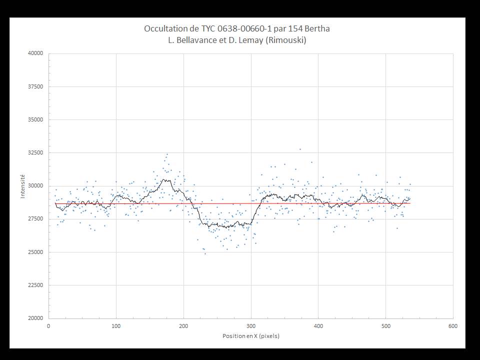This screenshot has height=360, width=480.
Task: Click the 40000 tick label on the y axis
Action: [36, 53]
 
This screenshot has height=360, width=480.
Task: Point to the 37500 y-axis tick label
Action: [36, 86]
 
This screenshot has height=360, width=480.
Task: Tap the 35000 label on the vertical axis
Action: [36, 120]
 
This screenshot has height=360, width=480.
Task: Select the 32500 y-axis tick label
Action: [36, 153]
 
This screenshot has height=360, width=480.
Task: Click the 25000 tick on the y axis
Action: [36, 252]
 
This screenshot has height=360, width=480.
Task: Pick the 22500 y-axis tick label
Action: [36, 285]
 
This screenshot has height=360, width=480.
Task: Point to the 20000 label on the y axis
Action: [36, 318]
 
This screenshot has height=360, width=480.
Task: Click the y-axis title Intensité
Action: [22, 186]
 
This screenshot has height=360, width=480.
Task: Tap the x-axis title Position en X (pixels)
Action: [251, 336]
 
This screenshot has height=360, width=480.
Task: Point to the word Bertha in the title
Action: [317, 28]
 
